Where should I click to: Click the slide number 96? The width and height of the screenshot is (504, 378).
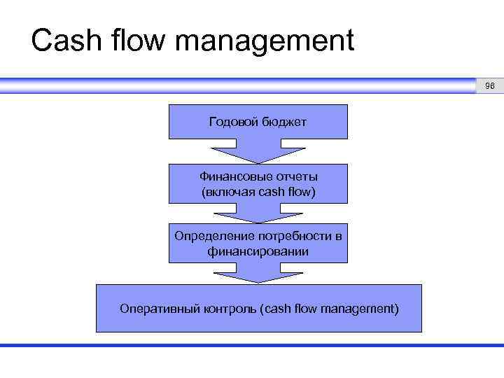pyautogui.click(x=489, y=86)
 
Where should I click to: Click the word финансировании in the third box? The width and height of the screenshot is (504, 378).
pyautogui.click(x=258, y=251)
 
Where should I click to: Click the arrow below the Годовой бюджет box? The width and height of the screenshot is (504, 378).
pyautogui.click(x=258, y=151)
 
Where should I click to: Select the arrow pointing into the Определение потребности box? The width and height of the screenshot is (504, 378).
pyautogui.click(x=258, y=213)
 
